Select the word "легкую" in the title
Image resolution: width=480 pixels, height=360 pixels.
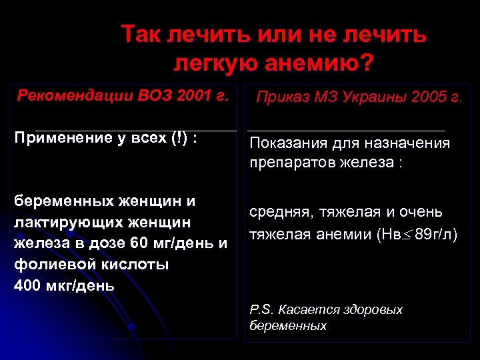coord(213,65)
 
